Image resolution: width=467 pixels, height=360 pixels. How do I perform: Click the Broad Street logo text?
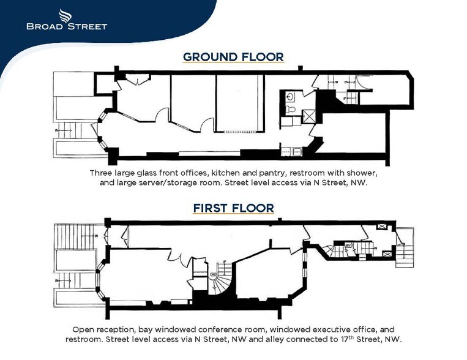tap(67, 26)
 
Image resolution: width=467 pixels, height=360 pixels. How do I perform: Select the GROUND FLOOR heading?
tap(233, 57)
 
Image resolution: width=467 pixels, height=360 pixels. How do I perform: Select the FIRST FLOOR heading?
tap(233, 208)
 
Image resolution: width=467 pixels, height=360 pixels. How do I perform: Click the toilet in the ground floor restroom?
tap(291, 110)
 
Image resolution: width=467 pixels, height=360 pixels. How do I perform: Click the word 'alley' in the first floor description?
tap(301, 339)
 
